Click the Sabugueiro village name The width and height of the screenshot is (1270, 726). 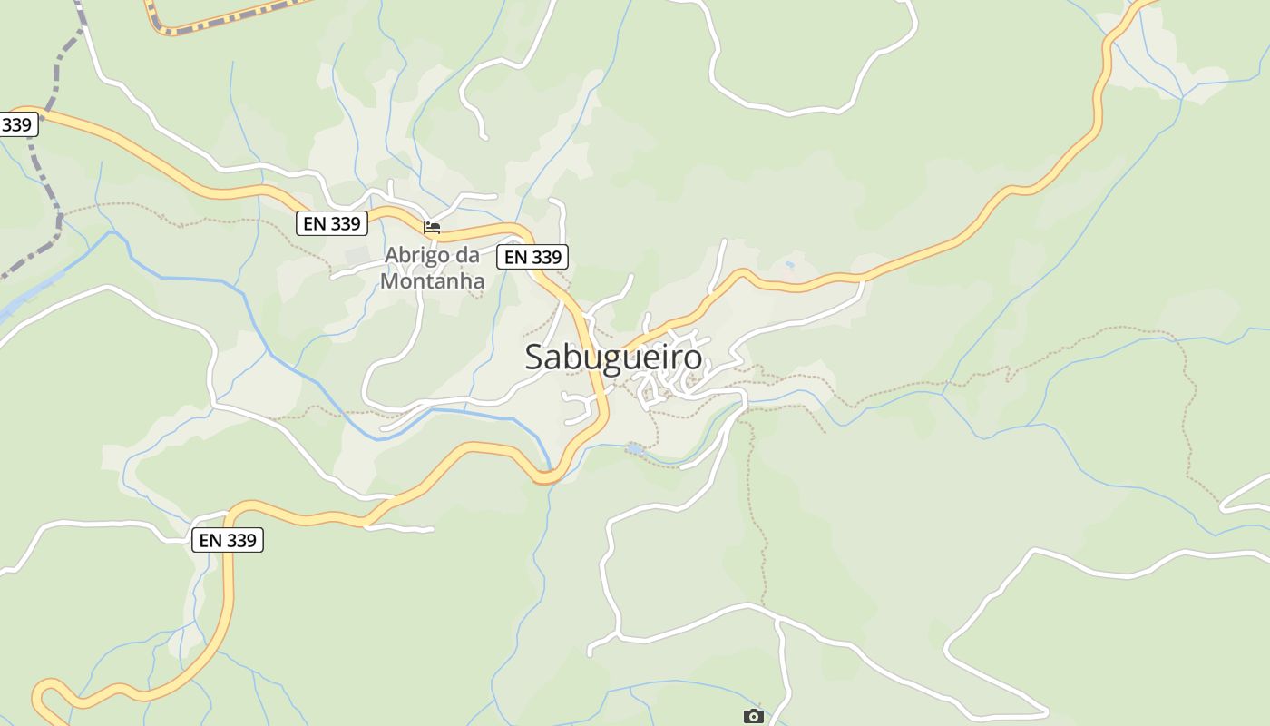click(x=613, y=358)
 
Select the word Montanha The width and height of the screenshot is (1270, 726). click(x=432, y=281)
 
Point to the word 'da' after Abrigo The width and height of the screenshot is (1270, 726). click(x=467, y=255)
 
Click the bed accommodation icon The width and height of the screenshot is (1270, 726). click(x=432, y=227)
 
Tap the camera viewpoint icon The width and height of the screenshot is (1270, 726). click(x=753, y=717)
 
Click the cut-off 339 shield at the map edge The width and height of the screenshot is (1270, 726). click(x=17, y=125)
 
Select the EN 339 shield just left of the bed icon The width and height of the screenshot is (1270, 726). click(x=332, y=223)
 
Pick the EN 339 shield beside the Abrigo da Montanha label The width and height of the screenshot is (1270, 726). click(x=532, y=258)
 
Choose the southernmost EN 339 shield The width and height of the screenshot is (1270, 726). click(x=228, y=541)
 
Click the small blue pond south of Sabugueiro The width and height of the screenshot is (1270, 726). click(x=636, y=448)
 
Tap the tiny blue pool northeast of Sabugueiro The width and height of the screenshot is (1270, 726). click(x=789, y=264)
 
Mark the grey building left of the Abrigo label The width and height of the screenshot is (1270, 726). click(x=357, y=255)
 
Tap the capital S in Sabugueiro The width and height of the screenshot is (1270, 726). click(x=536, y=358)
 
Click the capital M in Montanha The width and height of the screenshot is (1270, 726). click(x=390, y=281)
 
